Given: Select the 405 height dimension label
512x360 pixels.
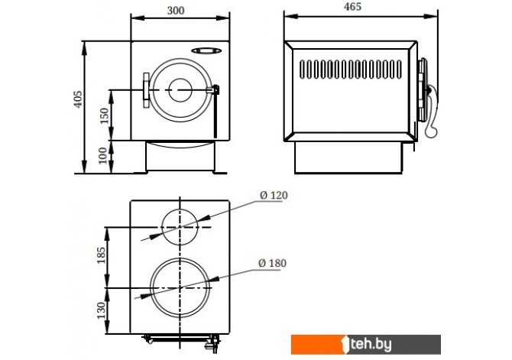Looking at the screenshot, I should point(77,100).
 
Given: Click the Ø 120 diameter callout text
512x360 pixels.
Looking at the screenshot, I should point(274,196).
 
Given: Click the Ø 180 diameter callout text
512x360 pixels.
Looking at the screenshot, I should point(273,263).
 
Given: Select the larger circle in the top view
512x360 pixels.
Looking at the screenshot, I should point(180,287).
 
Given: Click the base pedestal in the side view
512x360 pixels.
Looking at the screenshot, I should point(349,157).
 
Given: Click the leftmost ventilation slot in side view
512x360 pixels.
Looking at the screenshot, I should point(303,70).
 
